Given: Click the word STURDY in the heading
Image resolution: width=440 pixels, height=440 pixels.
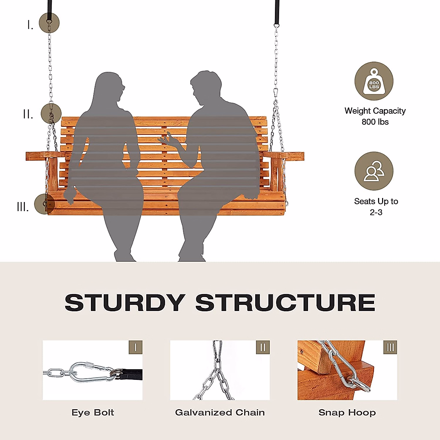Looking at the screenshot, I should [125, 303].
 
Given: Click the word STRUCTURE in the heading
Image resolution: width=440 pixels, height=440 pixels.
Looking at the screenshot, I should [285, 303].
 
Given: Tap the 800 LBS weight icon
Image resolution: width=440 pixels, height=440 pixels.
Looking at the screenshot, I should [374, 81].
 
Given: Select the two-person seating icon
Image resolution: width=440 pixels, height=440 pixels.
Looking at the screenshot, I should [374, 171].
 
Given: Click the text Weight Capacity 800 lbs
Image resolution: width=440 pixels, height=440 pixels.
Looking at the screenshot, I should [375, 116].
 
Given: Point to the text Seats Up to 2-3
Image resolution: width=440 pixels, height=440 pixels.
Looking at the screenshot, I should [376, 206].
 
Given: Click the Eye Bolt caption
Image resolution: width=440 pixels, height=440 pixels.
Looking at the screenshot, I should [93, 412].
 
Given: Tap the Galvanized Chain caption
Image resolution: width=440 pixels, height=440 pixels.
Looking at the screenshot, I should [220, 412].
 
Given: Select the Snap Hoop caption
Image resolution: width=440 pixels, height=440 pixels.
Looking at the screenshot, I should [347, 412].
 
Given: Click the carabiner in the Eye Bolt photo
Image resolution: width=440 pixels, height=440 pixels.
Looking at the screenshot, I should [88, 372].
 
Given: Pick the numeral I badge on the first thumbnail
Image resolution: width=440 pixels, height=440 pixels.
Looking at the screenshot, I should [135, 347].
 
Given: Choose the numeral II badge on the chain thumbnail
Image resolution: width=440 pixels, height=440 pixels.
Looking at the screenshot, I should [263, 347].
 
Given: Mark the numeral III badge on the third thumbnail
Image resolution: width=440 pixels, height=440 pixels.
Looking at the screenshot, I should [390, 347].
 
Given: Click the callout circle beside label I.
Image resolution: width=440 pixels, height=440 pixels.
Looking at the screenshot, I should [49, 23].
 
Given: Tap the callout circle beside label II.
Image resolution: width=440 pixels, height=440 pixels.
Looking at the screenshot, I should [51, 113].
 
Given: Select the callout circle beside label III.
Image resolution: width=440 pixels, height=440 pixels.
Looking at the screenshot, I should [44, 204].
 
